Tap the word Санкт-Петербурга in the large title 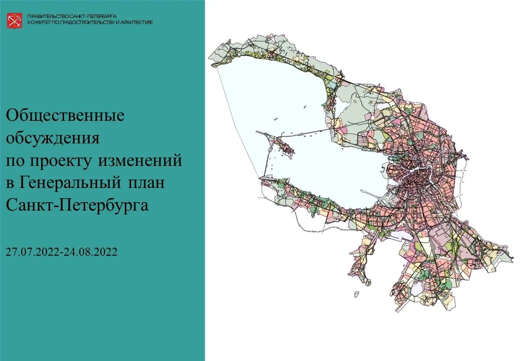(x=77, y=205)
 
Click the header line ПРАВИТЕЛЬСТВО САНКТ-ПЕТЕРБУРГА (x=72, y=16)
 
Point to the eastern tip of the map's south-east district (x=512, y=261)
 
